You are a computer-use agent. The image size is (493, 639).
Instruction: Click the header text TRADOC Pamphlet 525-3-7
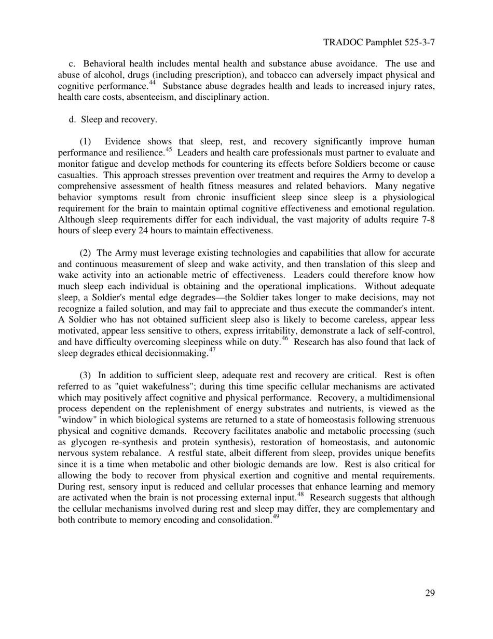tap(378, 43)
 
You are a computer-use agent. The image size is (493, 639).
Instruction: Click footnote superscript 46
tap(284, 339)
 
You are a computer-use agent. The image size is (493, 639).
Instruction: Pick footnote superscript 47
tap(212, 350)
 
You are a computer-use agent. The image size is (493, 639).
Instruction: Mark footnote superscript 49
tap(276, 517)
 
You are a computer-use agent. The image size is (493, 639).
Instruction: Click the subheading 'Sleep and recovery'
tap(119, 119)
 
